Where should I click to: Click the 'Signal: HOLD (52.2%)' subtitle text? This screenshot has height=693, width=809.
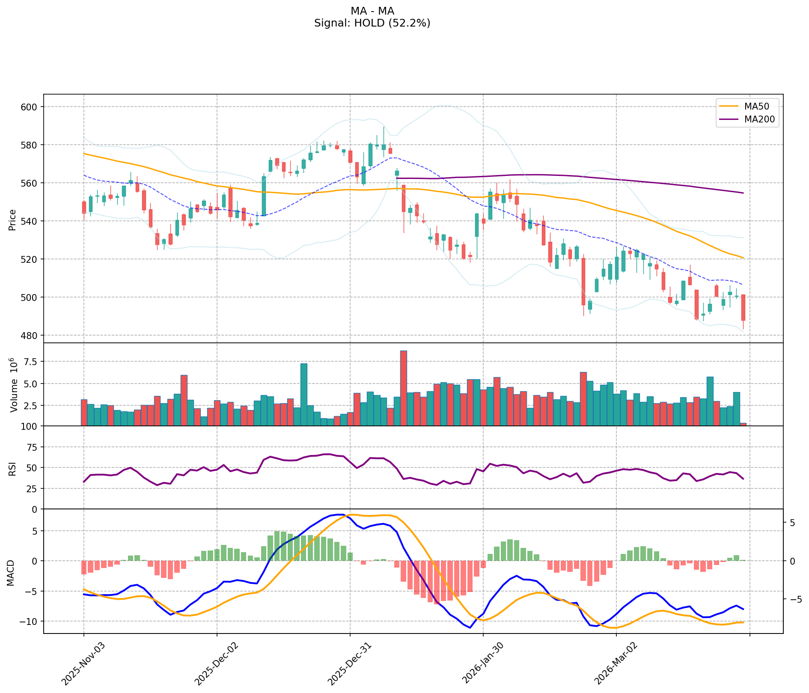[372, 23]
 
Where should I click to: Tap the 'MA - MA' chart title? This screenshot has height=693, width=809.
[372, 11]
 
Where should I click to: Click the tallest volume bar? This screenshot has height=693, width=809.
[403, 388]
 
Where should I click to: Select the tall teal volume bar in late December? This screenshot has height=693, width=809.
[303, 394]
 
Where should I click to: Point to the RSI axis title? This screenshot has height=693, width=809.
[12, 467]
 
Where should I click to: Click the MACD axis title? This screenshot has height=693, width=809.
[11, 573]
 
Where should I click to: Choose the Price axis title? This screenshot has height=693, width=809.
[12, 220]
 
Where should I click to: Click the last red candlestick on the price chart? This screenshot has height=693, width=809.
[743, 307]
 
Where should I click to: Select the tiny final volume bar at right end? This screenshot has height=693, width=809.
[743, 424]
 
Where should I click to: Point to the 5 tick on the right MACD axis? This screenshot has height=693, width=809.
[792, 523]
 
